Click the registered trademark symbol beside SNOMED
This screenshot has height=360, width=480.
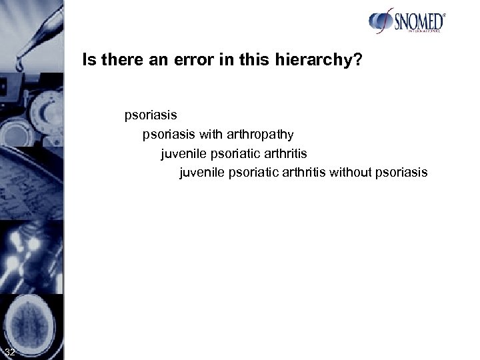pyautogui.click(x=443, y=14)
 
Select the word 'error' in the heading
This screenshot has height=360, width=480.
pyautogui.click(x=174, y=61)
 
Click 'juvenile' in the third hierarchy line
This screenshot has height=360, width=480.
pyautogui.click(x=182, y=153)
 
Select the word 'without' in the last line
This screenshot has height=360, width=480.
pyautogui.click(x=353, y=173)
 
